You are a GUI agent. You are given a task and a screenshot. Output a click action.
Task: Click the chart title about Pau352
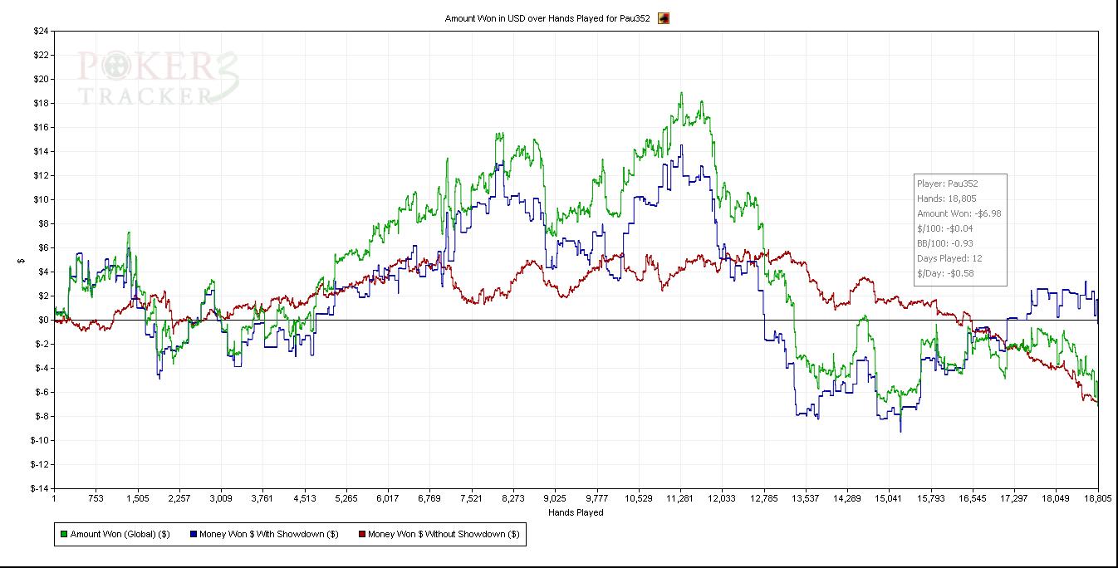pos(547,17)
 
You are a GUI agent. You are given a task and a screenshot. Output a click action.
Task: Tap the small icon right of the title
pos(664,17)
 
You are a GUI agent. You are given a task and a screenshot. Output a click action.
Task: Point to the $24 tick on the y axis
pos(41,32)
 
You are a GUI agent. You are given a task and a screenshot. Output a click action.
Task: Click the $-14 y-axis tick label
pos(39,488)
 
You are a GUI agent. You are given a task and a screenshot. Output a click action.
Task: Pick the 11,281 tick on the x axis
pos(679,499)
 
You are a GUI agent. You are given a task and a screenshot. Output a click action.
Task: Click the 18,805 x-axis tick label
pos(1097,499)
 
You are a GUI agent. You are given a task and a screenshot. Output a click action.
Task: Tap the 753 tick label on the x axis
pos(96,499)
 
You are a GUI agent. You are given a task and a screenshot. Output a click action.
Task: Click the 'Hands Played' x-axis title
pos(576,512)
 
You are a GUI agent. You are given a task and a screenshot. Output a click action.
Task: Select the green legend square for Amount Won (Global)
pos(63,535)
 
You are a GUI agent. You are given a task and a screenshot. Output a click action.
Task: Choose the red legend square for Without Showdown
pos(361,535)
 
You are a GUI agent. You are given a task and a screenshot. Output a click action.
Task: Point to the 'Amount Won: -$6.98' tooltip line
pos(959,213)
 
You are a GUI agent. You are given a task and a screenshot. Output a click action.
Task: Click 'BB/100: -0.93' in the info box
pos(947,243)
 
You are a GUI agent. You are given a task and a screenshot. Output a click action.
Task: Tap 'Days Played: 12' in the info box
pos(949,258)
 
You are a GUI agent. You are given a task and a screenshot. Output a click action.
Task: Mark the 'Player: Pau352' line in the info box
pos(948,184)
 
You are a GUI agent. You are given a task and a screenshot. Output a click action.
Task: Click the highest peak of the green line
pos(681,93)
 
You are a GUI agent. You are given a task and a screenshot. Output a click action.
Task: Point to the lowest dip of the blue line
pos(900,431)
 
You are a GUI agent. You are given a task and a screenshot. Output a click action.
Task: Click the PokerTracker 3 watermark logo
pos(158,78)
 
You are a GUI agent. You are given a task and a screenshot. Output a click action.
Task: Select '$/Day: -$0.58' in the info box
pos(945,273)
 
